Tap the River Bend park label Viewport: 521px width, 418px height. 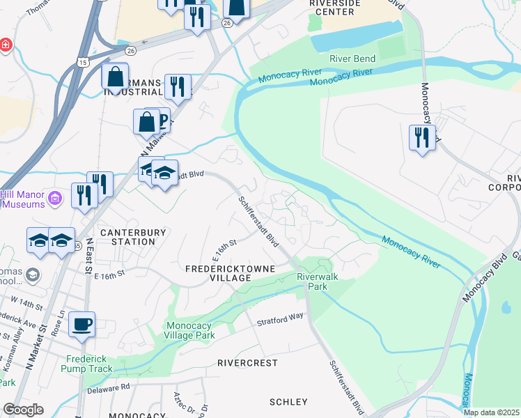tap(352, 59)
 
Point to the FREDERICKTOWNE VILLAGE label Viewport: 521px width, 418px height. tap(230, 273)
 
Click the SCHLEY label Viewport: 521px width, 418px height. tap(288, 402)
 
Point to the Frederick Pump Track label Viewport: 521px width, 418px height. tap(88, 364)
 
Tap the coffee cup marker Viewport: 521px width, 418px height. tap(82, 323)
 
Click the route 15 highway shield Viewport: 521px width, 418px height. tap(83, 63)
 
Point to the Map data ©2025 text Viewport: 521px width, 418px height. tap(490, 412)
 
